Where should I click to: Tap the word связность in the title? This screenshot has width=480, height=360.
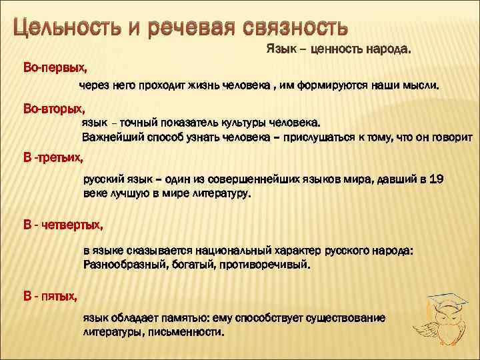293,29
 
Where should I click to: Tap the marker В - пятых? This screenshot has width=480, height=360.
51,294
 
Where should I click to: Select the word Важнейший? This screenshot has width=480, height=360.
110,137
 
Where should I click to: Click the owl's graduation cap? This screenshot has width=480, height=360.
446,301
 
